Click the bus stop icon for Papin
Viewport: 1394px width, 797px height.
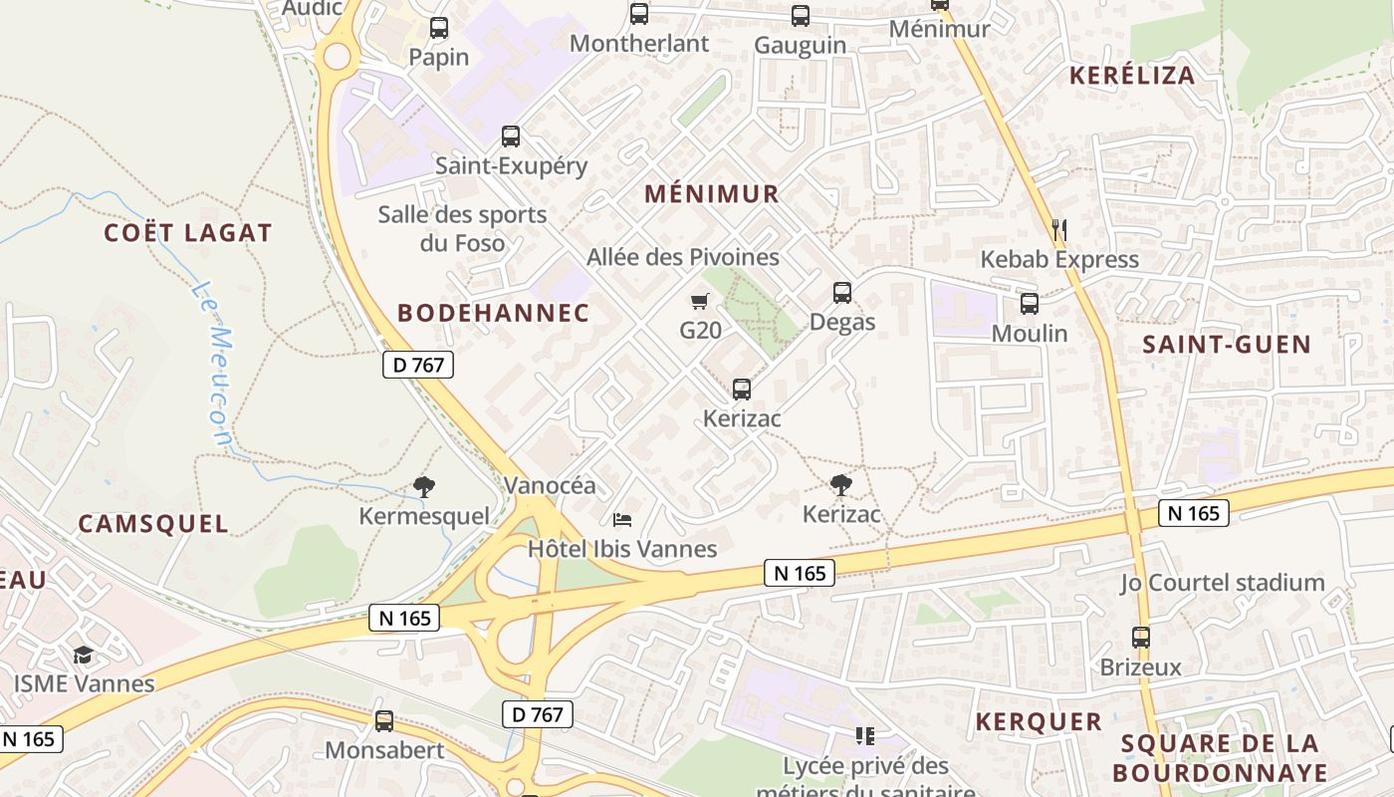439,28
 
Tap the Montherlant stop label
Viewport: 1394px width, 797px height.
639,44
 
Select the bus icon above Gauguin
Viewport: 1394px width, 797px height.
801,16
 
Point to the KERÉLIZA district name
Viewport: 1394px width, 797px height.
1132,76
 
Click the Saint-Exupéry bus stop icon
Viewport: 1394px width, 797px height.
511,136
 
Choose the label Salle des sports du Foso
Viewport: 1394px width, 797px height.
462,228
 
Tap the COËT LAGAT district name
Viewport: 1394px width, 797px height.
188,233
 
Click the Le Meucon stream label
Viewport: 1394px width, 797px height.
212,363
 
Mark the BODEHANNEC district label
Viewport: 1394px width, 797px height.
494,313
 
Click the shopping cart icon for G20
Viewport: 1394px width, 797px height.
700,301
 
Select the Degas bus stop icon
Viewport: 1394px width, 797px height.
842,293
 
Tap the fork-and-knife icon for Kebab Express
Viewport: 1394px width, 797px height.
1059,230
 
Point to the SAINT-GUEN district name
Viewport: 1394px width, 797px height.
1227,346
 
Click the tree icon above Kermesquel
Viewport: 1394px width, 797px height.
424,487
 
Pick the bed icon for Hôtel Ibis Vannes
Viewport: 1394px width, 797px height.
622,519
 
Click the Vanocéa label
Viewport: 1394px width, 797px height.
550,486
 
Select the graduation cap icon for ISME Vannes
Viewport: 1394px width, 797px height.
84,655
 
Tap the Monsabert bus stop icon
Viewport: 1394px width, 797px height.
384,721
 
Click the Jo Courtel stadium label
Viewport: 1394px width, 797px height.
1223,583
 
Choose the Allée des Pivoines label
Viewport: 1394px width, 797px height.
683,258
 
